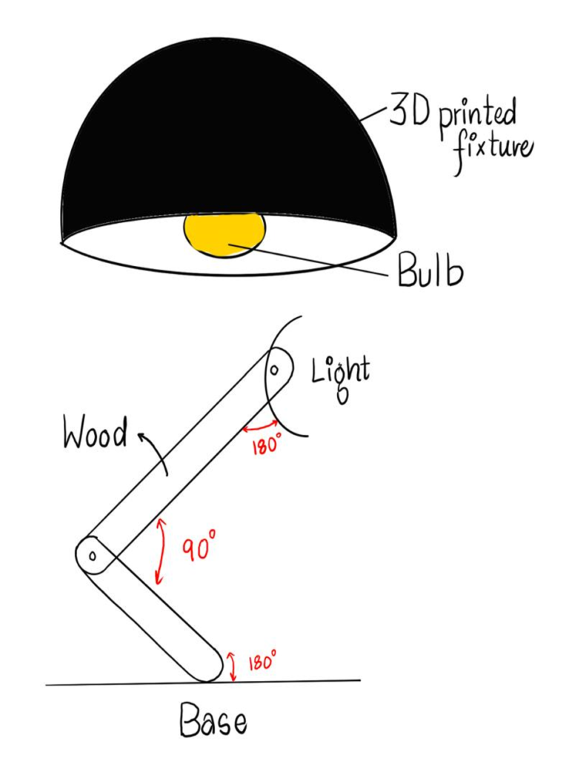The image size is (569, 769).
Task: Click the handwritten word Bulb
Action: coord(430,272)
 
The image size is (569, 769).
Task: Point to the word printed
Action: coord(476,117)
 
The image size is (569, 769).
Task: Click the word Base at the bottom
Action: coord(213,719)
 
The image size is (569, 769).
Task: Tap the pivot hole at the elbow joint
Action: coord(93,555)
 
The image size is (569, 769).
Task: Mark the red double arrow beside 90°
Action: coord(160,550)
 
